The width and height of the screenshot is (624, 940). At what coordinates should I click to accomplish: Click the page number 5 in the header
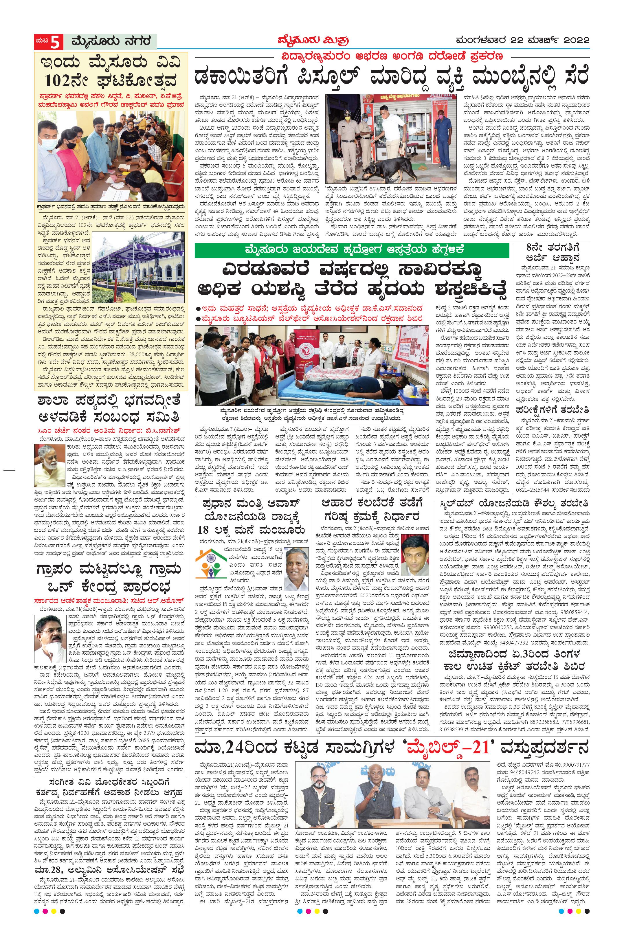[x=57, y=41]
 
